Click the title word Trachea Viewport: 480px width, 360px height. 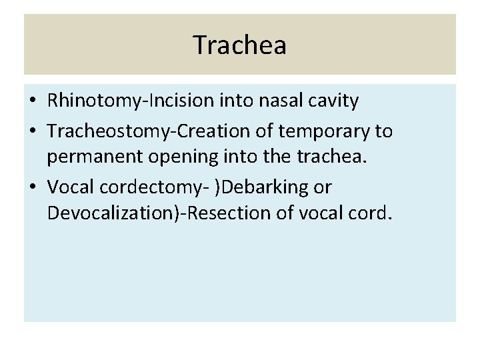click(240, 45)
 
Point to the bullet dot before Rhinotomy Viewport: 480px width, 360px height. click(32, 101)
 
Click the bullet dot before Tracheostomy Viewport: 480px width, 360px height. click(32, 131)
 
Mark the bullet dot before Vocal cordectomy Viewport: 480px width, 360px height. click(32, 187)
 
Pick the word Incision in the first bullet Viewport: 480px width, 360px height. click(176, 101)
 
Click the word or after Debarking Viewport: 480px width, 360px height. click(322, 188)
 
